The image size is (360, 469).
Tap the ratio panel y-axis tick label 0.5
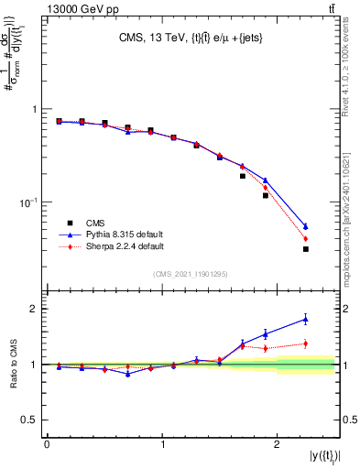coord(33,420)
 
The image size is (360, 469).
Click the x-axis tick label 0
coord(47,444)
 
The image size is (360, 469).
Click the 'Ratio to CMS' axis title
coord(13,365)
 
